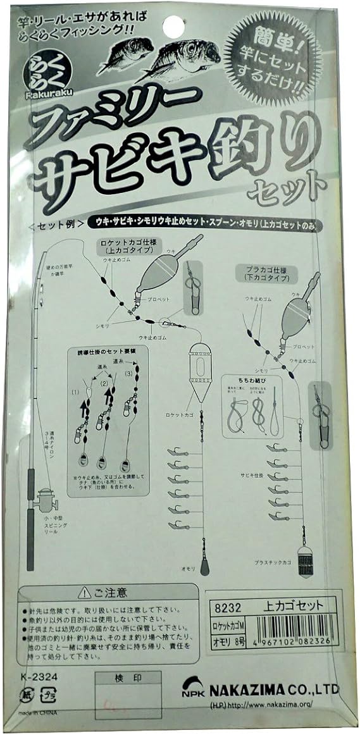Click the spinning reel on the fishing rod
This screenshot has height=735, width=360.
click(46, 503)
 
